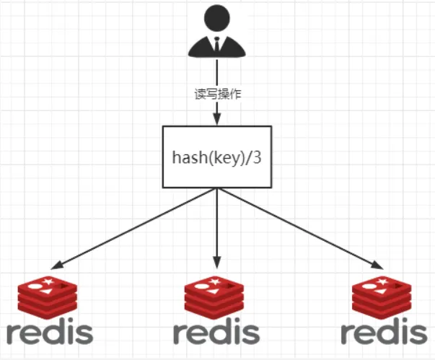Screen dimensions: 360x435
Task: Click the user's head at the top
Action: point(217,18)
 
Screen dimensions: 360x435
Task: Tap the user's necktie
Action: point(217,45)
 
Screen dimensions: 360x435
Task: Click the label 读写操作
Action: point(217,95)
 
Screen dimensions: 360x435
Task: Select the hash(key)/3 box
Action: point(216,157)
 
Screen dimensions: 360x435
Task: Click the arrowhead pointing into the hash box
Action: point(217,120)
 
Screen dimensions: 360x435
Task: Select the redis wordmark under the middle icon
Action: point(216,333)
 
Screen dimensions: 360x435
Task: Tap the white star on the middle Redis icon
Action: point(216,280)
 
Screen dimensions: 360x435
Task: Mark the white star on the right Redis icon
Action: point(385,280)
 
